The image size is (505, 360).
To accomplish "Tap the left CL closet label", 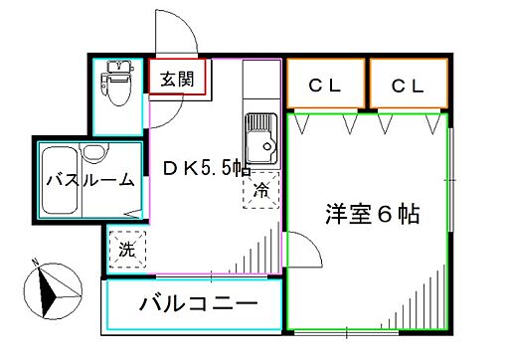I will point(324,87).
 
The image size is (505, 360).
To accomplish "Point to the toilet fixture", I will point(117,86).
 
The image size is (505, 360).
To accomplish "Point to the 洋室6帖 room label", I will point(371,213).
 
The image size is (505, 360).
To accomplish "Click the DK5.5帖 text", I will point(205,169).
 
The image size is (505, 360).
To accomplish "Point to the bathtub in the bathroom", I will point(62,181).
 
